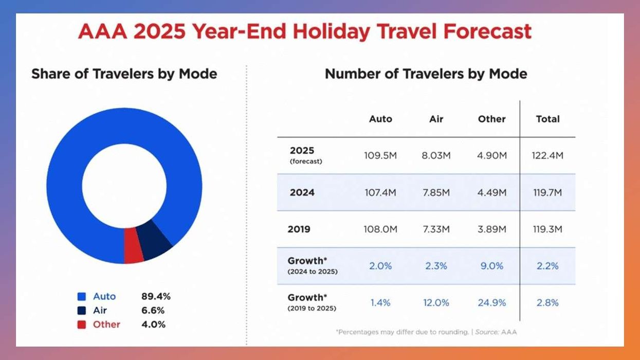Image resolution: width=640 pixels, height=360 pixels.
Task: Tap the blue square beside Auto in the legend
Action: tap(81, 297)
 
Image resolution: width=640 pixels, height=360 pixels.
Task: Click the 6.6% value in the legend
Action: tap(153, 311)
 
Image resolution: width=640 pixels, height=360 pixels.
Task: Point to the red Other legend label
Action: tap(106, 325)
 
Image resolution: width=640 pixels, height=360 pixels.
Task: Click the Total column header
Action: tap(547, 119)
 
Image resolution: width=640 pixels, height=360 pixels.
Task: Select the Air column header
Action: tap(436, 119)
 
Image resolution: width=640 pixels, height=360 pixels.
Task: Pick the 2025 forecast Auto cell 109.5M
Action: tap(380, 155)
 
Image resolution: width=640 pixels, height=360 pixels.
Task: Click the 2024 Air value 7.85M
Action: tap(436, 192)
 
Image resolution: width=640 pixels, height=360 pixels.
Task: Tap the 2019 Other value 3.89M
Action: tap(492, 229)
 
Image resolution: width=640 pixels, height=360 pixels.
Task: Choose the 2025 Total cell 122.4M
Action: tap(547, 155)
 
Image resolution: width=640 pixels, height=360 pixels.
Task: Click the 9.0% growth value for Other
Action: tap(492, 266)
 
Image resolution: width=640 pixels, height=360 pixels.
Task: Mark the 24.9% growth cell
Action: tap(492, 303)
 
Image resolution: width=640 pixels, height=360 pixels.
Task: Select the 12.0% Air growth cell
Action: tap(436, 303)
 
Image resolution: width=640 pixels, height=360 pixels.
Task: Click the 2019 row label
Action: tap(299, 229)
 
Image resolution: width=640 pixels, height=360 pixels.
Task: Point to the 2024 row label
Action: tap(302, 192)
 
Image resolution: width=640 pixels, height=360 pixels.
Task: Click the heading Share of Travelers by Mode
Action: tap(124, 74)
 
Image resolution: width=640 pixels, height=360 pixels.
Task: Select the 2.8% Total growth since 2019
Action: tap(547, 303)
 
